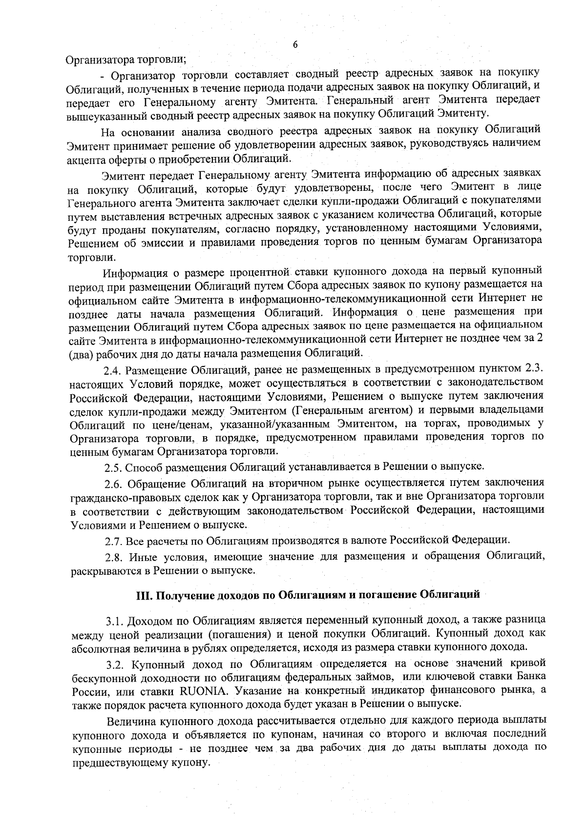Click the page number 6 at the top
295,45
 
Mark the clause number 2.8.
115,556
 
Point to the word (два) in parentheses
81,352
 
